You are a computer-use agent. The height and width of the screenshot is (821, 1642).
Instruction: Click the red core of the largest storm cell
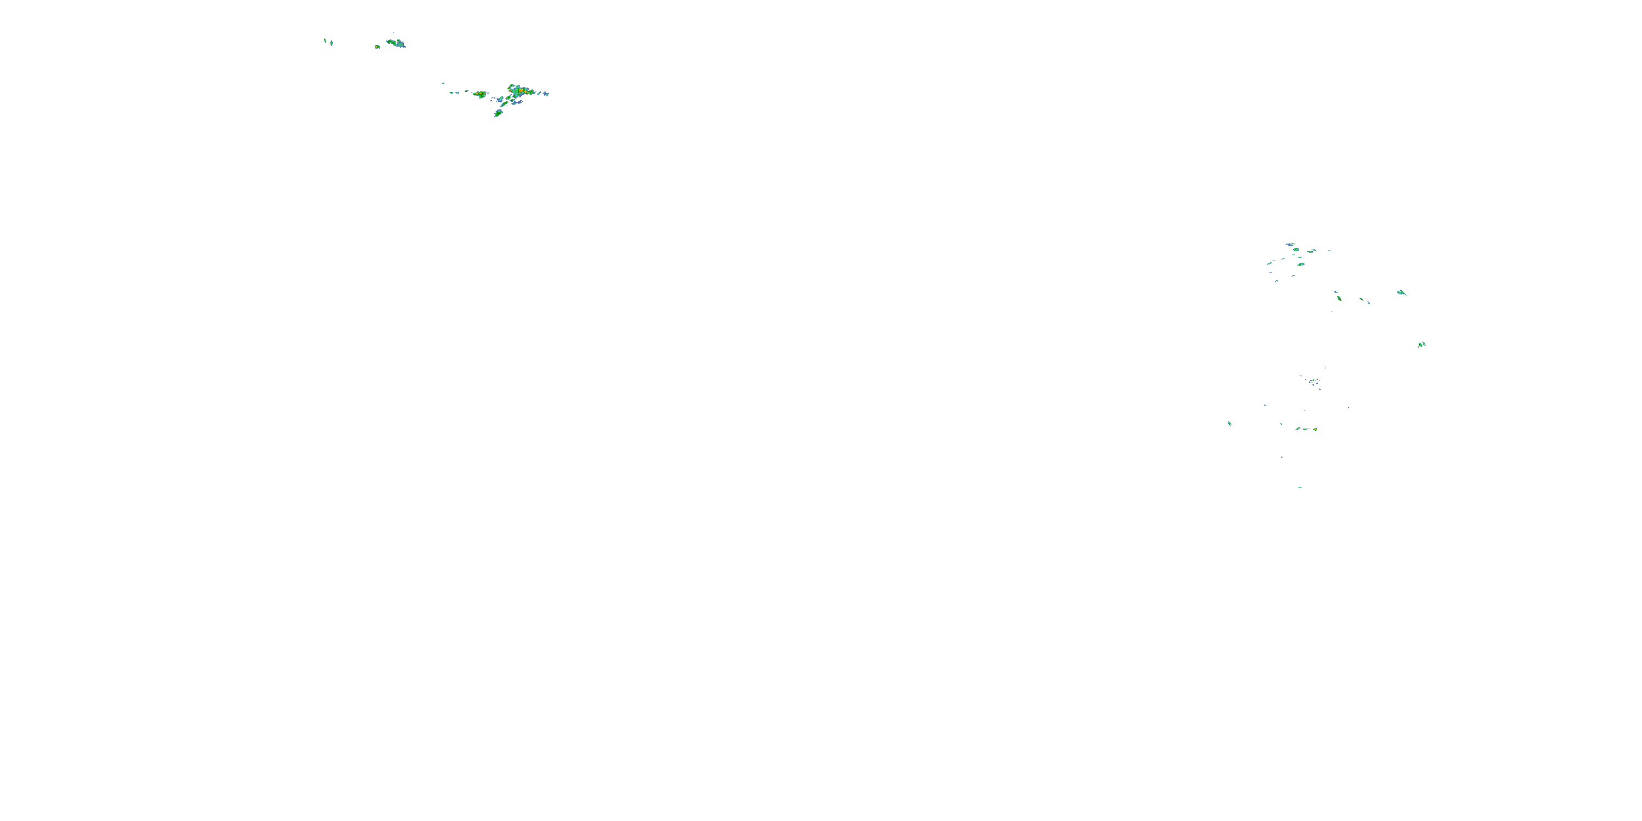[521, 91]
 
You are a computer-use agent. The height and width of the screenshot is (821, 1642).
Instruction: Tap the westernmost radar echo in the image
[325, 40]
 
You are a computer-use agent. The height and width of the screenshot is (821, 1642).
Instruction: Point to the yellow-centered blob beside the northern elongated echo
[377, 47]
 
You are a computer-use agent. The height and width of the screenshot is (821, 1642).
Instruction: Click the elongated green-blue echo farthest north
[396, 43]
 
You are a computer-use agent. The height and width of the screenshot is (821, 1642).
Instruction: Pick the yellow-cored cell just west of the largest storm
[479, 94]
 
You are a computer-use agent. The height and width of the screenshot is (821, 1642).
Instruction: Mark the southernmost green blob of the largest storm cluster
[498, 113]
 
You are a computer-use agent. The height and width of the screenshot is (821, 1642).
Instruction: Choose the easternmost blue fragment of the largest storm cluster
[546, 94]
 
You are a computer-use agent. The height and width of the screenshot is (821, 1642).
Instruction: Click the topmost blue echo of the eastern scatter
[1291, 244]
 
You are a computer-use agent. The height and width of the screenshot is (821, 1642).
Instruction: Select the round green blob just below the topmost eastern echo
[1296, 250]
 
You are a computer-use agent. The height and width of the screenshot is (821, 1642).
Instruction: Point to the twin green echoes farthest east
[1421, 345]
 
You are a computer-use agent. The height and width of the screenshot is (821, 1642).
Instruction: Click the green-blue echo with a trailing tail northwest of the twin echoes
[1401, 293]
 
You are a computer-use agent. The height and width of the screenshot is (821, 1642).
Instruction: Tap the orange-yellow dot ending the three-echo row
[1315, 429]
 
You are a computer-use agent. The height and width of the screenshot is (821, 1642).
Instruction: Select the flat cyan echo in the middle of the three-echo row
[1306, 429]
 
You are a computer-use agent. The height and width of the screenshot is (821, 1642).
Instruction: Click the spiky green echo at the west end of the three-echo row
[1298, 429]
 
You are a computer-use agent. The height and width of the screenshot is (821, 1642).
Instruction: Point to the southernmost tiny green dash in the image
[1300, 488]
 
